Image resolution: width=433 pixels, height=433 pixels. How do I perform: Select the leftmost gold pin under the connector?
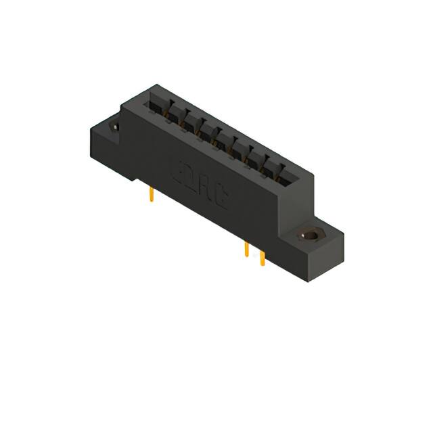coord(151,196)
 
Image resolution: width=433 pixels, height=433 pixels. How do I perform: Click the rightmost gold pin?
coord(263,260)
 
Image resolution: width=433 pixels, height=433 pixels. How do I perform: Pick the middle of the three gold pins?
coord(247,250)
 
